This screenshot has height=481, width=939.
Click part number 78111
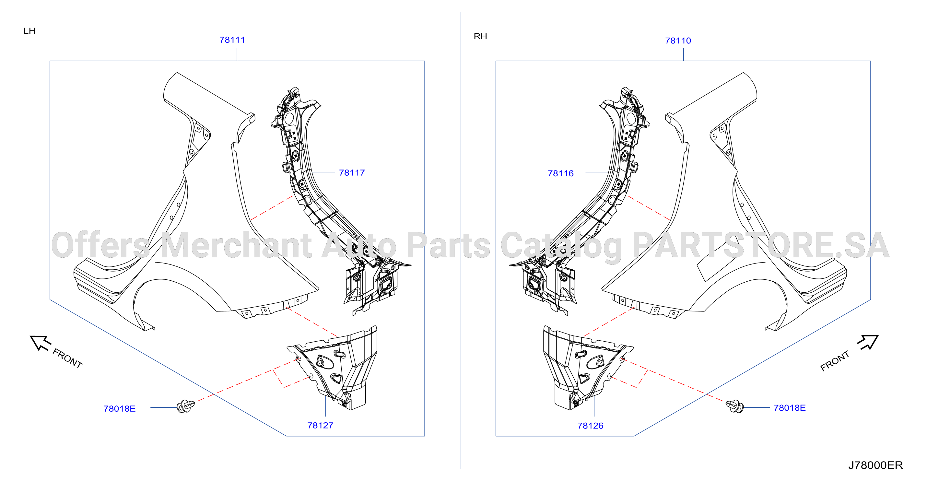[232, 40]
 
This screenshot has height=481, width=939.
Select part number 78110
[678, 41]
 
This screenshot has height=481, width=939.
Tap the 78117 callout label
[352, 172]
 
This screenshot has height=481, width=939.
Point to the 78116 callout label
[561, 173]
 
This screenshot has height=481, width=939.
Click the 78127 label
[320, 425]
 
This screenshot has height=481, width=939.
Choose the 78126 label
[590, 426]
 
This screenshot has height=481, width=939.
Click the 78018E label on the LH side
[120, 408]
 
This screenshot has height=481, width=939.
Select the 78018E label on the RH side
[790, 408]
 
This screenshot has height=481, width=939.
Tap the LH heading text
[29, 31]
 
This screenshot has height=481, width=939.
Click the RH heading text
[480, 36]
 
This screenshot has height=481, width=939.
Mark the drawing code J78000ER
[875, 465]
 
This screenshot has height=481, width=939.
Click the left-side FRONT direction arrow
[40, 343]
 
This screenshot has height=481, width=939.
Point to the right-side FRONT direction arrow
[868, 342]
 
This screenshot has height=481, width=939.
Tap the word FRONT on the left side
[68, 358]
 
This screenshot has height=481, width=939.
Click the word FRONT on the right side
[835, 361]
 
